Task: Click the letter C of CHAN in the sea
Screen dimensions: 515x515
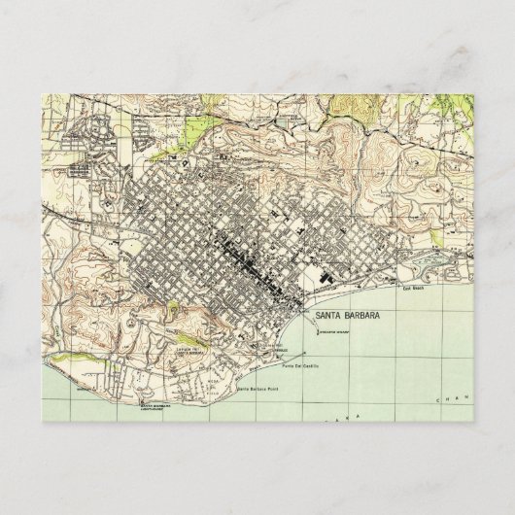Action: point(440,399)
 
